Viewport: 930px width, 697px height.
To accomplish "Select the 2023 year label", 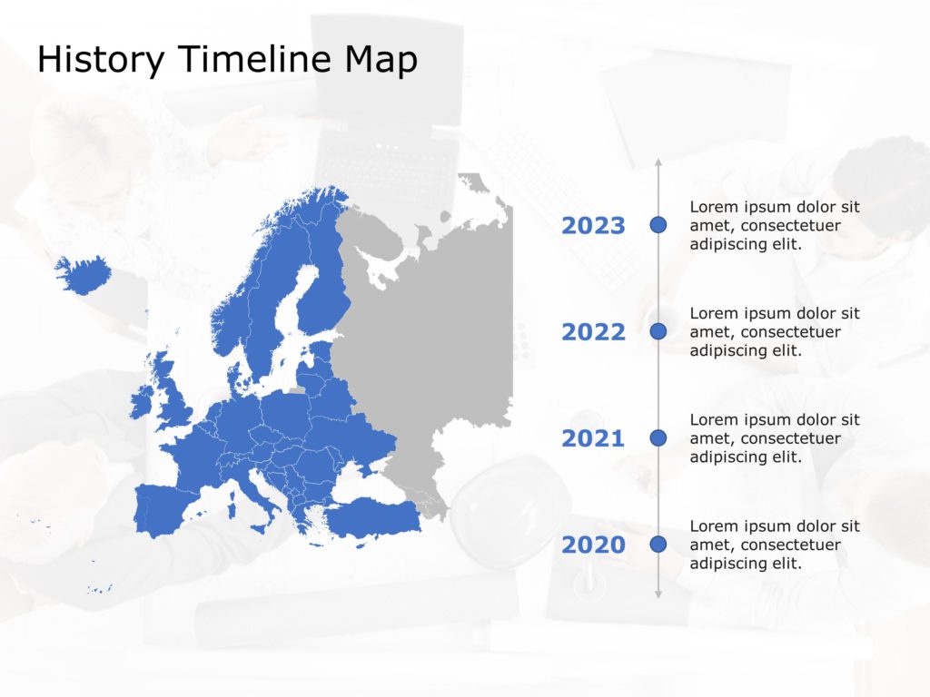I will click(x=593, y=226).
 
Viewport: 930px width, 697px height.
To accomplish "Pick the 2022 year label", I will click(x=593, y=332).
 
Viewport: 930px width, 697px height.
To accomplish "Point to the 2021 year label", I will click(x=593, y=439).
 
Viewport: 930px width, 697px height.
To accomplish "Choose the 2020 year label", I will click(x=593, y=545).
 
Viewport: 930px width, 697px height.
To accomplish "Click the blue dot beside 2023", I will click(x=658, y=224).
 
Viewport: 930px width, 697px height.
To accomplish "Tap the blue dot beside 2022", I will click(x=658, y=331).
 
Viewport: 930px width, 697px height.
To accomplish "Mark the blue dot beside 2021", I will click(x=658, y=437).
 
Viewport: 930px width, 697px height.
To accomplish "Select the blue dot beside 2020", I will click(x=658, y=544).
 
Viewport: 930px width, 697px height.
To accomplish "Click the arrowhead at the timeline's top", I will click(x=658, y=162).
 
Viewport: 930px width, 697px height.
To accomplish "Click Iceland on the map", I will click(x=83, y=273).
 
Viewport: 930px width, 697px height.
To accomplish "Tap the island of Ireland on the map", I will click(x=142, y=403).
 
